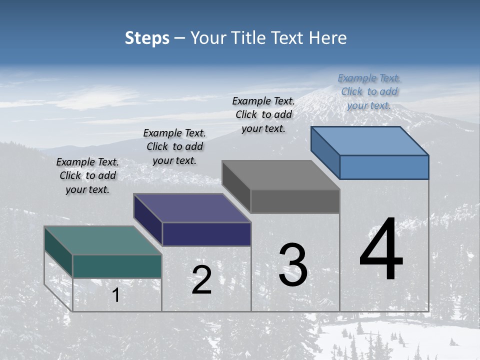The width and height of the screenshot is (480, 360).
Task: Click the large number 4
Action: pos(381,249)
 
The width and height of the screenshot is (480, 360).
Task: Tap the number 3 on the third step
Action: pos(293,264)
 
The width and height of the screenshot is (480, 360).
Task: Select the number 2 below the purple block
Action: pos(201,280)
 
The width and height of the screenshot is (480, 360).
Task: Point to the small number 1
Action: pos(115,295)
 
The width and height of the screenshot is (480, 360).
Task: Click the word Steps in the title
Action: pos(147,38)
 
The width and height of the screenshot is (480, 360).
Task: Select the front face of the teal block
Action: pos(117,266)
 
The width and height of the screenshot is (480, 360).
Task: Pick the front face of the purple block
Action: pos(206,234)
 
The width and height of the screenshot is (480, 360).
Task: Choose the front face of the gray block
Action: pos(295,201)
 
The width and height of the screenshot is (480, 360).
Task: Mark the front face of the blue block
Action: pos(384,167)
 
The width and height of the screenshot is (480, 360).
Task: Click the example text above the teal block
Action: pos(87,176)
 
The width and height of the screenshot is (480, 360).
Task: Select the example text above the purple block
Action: pos(174,147)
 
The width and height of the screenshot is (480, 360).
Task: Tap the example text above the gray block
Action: pos(263,114)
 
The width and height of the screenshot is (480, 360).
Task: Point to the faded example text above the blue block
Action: pos(369,92)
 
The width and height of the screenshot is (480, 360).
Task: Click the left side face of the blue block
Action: pos(325,152)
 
